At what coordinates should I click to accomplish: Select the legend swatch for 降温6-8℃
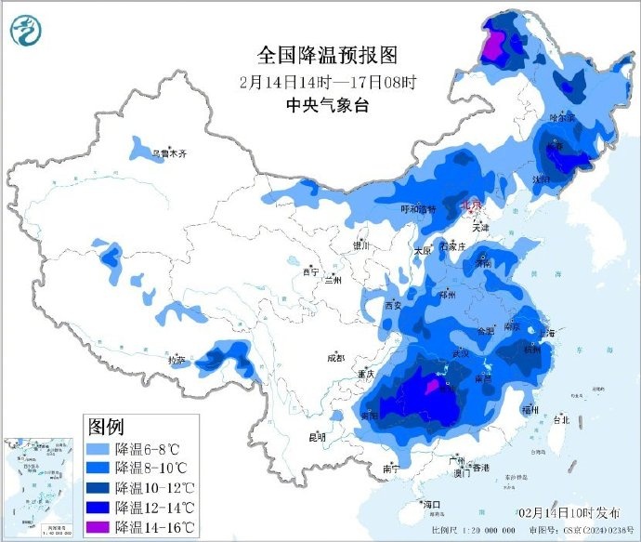(98, 449)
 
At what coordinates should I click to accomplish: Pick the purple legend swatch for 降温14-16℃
(98, 527)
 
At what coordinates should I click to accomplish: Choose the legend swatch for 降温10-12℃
(98, 488)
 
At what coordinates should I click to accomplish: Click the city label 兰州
(332, 279)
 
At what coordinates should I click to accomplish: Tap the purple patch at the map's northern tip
(499, 42)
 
